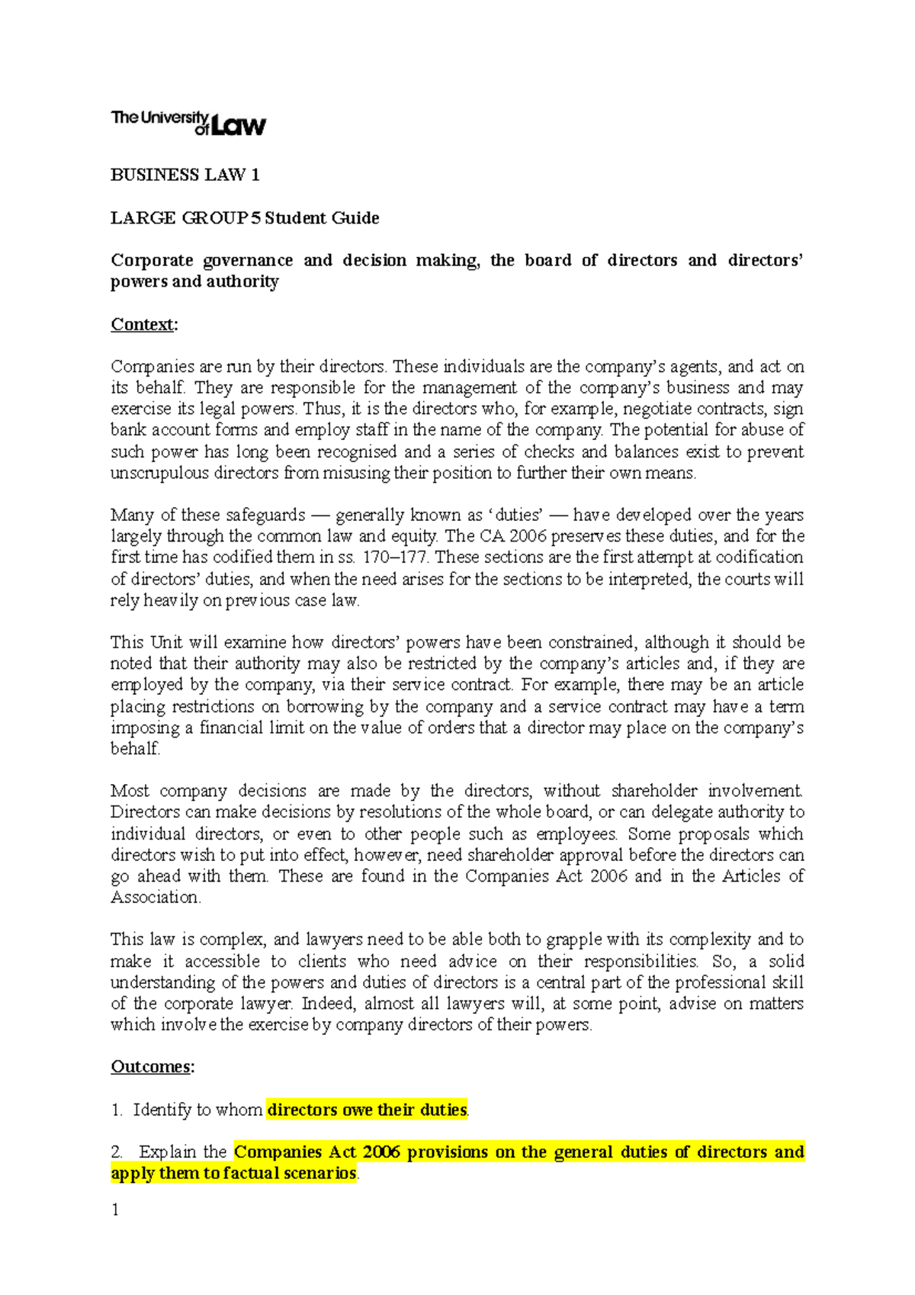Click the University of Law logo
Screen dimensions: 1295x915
coord(188,123)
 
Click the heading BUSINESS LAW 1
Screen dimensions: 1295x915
coord(185,175)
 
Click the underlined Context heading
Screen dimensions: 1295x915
coord(143,324)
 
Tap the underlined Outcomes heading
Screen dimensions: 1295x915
coord(151,1067)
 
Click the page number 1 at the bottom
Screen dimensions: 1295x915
coord(115,1210)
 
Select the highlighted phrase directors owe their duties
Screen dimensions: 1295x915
coord(367,1110)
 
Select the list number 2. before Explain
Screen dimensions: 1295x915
coord(117,1152)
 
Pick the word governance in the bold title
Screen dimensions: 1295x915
coord(248,261)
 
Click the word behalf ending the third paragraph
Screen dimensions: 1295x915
coord(134,749)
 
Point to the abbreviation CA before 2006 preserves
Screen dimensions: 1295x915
coord(492,536)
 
